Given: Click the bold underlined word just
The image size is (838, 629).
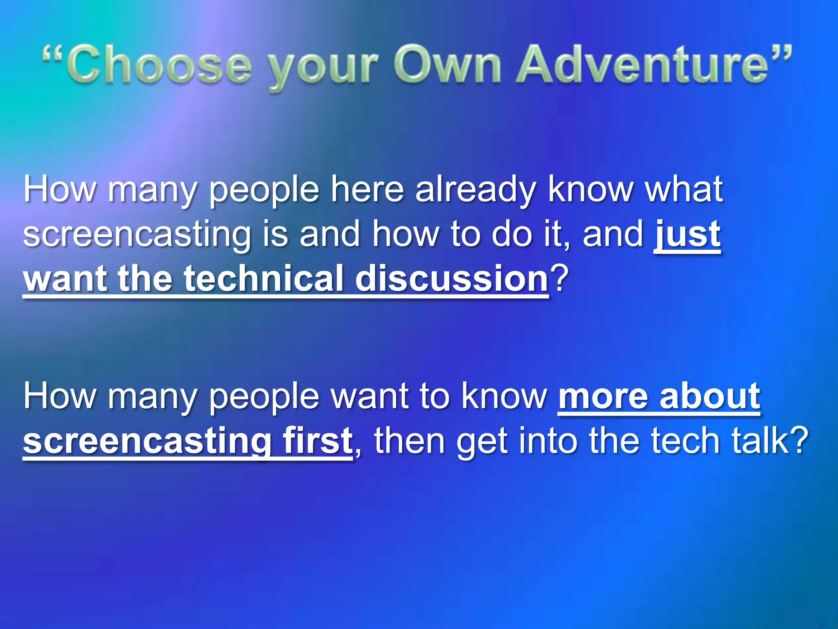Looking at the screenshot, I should coord(687,234).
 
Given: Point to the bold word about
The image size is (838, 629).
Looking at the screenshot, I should coord(710,396).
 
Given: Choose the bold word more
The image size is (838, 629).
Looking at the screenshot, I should coord(603,396).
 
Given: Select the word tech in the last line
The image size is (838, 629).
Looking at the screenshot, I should coord(685,441).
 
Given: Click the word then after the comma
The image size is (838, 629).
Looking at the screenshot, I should coord(410,441).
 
